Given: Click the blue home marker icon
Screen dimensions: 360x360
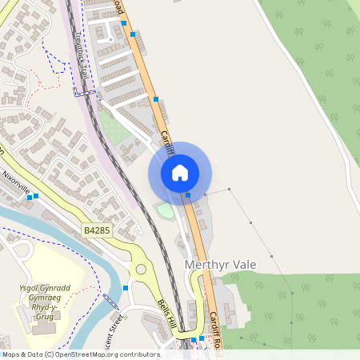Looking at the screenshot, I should pyautogui.click(x=180, y=173).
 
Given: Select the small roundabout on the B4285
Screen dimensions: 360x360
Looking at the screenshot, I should pyautogui.click(x=142, y=269).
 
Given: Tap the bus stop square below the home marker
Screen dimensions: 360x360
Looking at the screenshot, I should pyautogui.click(x=188, y=194).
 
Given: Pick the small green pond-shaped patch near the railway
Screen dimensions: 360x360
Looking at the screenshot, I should pyautogui.click(x=164, y=210).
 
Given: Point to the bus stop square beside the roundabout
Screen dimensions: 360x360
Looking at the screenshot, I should pyautogui.click(x=126, y=287).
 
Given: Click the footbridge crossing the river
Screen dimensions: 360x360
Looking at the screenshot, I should pyautogui.click(x=110, y=303).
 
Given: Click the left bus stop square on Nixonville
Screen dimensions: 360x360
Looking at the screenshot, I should pyautogui.click(x=29, y=196).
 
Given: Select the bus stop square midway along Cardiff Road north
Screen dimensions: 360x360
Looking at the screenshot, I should pyautogui.click(x=156, y=99).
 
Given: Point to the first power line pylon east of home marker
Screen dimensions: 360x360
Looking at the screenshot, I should pyautogui.click(x=206, y=194).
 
